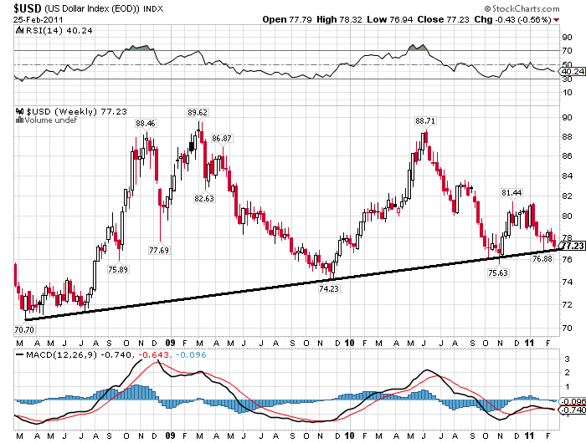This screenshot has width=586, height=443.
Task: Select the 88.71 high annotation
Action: (426, 120)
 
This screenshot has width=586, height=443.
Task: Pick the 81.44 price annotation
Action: (511, 193)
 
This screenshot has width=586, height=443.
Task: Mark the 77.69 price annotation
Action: (159, 249)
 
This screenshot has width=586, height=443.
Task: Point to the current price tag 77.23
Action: (572, 247)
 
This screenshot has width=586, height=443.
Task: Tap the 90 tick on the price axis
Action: (566, 117)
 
